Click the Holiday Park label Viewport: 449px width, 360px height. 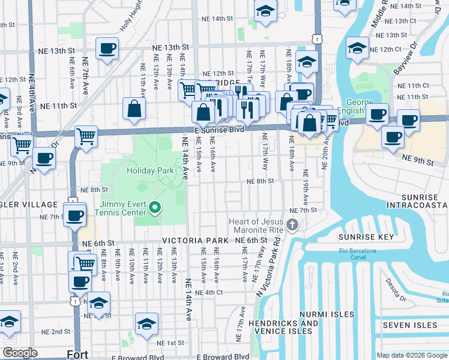[x=150, y=170]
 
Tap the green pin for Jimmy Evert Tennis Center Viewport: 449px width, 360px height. [x=155, y=208]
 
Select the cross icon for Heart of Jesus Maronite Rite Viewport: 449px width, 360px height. [x=292, y=226]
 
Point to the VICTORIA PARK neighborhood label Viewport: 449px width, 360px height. [x=194, y=241]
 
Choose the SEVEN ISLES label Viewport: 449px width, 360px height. [x=410, y=325]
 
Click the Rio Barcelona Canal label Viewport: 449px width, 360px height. [x=357, y=254]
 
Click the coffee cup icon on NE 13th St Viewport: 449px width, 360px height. [x=107, y=49]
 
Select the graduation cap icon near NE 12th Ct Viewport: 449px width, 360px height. [x=357, y=49]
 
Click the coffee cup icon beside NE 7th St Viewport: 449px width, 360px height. [x=75, y=215]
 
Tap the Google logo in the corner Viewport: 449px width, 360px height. [x=20, y=353]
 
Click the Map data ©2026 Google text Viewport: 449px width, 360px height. [x=411, y=355]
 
